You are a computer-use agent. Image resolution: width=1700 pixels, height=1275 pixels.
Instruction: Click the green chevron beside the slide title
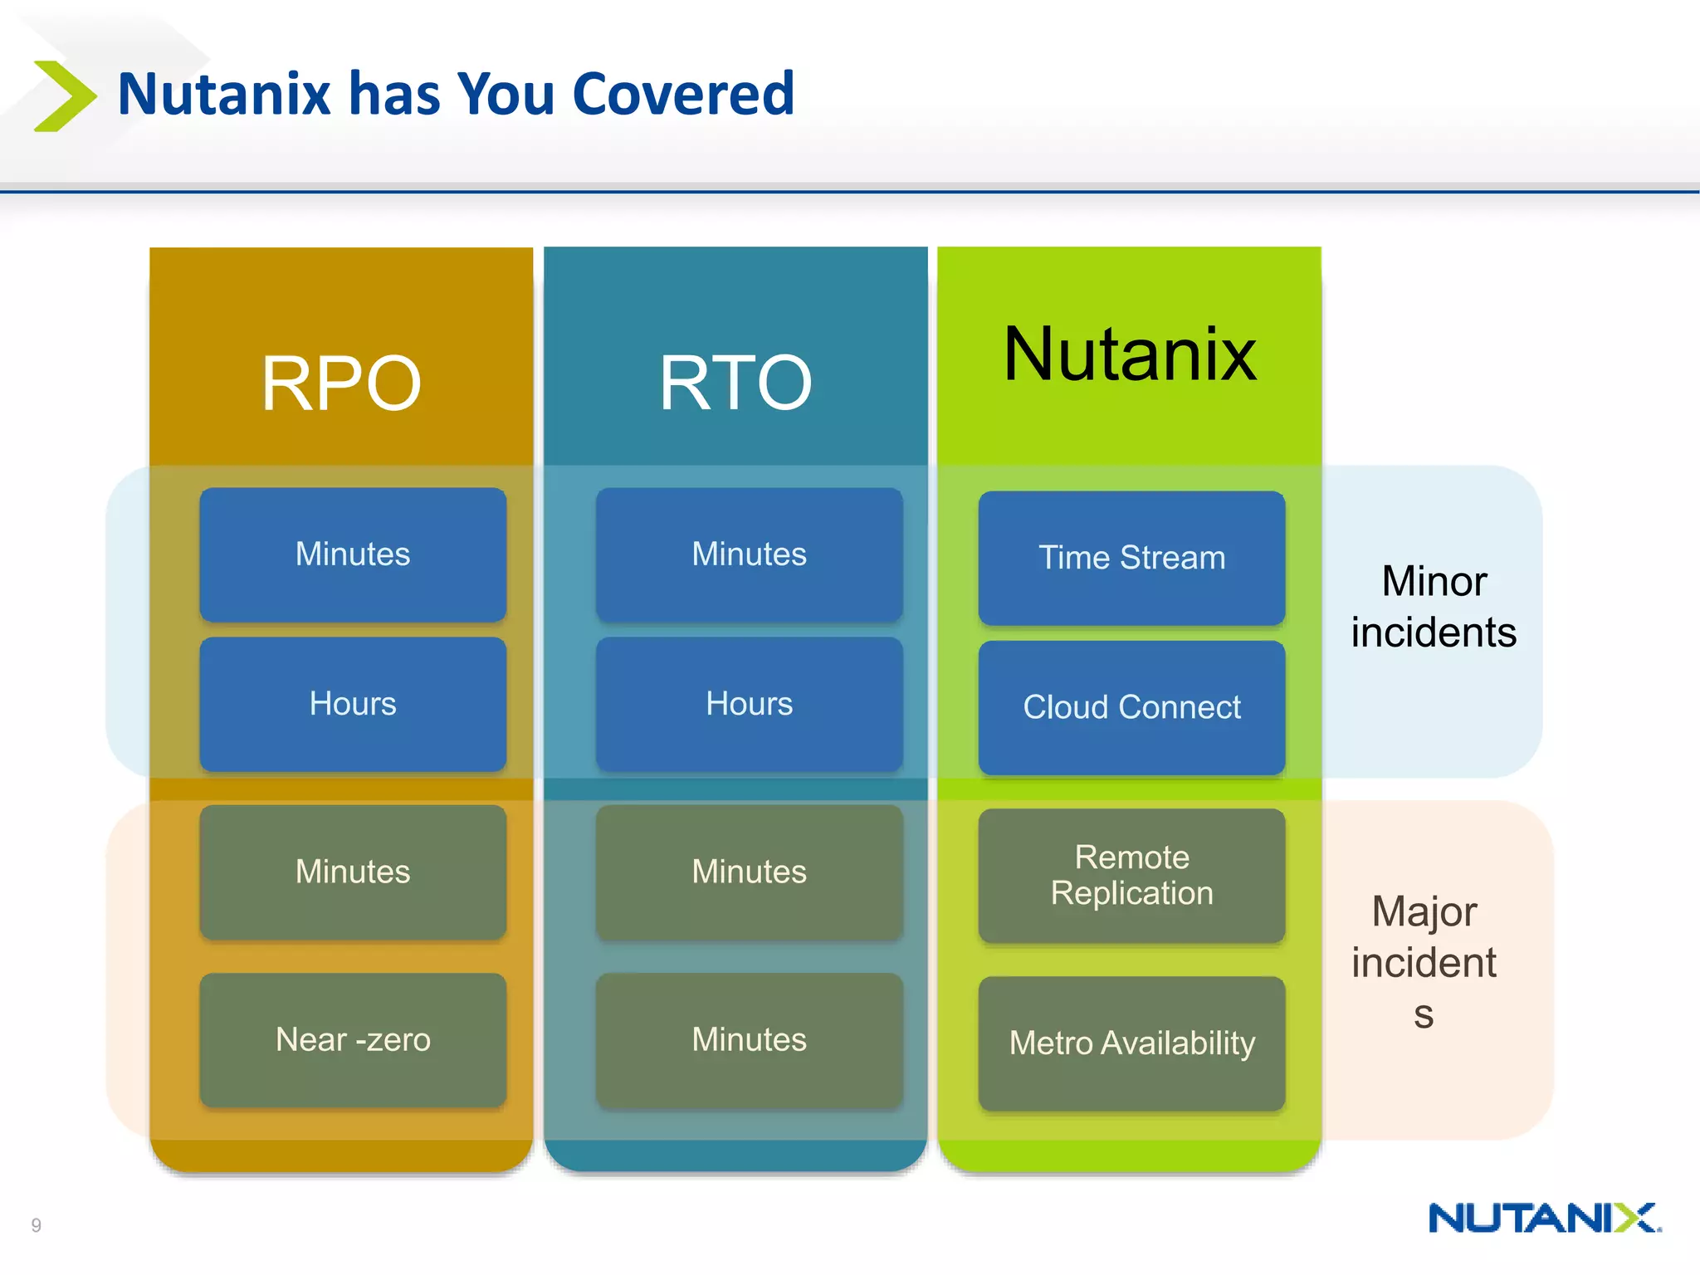(x=65, y=95)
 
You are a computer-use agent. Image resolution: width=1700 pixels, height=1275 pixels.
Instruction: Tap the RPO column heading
(x=341, y=383)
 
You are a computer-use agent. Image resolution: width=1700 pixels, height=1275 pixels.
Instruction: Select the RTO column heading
(x=735, y=383)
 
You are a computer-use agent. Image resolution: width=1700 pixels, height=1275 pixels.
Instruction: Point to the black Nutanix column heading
(x=1130, y=354)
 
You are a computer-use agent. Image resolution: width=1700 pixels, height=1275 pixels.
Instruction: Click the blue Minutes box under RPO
(x=353, y=554)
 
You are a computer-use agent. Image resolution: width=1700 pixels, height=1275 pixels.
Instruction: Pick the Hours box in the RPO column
(x=353, y=704)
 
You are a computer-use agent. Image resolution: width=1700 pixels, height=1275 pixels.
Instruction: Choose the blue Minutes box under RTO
(x=749, y=554)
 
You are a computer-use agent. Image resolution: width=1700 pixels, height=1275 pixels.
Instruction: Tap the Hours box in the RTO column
(x=749, y=704)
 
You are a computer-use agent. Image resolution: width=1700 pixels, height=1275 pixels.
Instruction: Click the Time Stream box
(x=1131, y=558)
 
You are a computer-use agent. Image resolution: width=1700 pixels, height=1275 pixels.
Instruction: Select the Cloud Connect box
(x=1131, y=707)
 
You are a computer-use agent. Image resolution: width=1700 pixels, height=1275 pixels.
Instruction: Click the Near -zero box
(x=353, y=1039)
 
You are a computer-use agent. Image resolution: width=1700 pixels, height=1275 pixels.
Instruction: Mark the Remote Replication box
(x=1131, y=875)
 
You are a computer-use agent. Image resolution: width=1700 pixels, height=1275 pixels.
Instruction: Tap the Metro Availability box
(x=1131, y=1043)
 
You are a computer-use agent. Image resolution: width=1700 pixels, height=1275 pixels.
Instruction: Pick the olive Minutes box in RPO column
(x=353, y=872)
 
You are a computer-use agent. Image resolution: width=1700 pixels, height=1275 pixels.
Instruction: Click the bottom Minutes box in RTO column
(x=749, y=1039)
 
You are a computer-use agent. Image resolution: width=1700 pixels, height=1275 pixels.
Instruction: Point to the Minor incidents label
(x=1434, y=607)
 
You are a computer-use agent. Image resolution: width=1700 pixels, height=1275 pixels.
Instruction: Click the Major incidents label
(x=1424, y=961)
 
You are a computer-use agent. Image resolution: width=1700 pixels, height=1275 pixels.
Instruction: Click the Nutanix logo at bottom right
(x=1544, y=1218)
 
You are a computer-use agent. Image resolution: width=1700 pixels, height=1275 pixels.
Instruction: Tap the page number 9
(x=36, y=1225)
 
